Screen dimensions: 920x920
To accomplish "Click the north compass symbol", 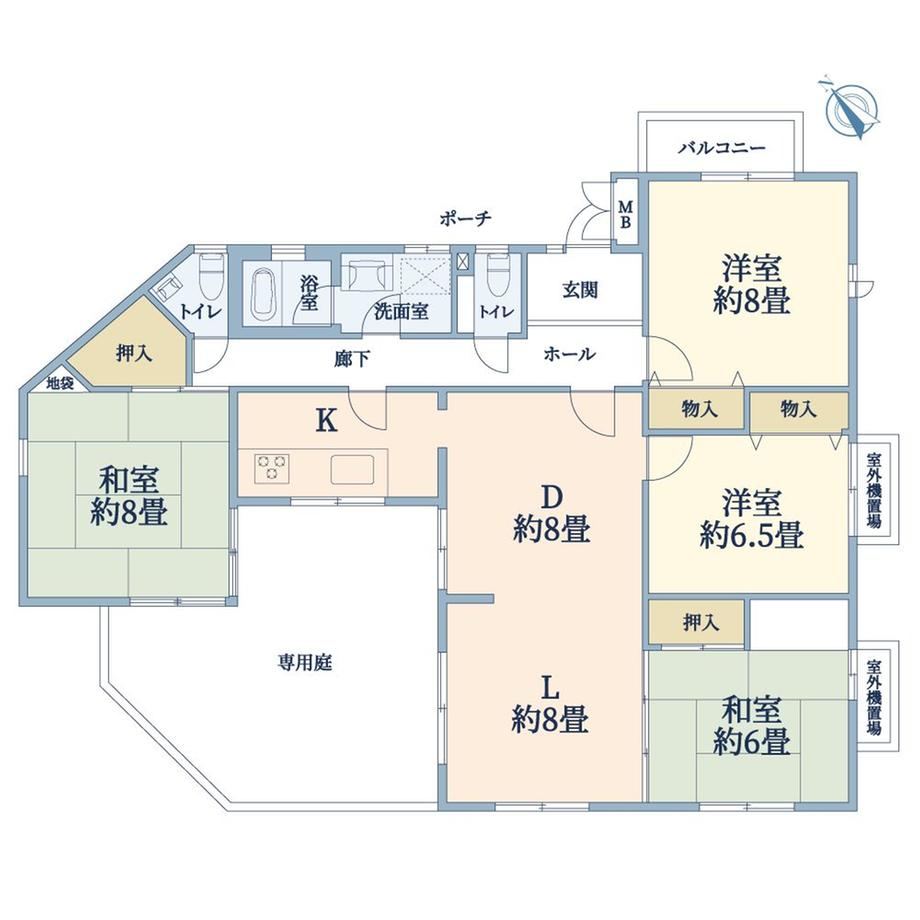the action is click(x=851, y=109).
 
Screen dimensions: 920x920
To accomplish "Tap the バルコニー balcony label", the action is click(x=722, y=147).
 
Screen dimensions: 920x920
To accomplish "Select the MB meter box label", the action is click(x=626, y=214).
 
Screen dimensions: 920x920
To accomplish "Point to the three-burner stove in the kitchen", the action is click(x=272, y=468).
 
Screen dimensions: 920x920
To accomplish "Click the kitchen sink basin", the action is click(x=353, y=469).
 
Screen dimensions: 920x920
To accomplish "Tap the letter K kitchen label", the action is click(x=326, y=420).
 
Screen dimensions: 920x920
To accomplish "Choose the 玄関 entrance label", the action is click(x=580, y=290).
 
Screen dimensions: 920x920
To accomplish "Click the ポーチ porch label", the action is click(x=465, y=219).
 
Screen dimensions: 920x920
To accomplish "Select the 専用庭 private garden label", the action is click(x=305, y=663).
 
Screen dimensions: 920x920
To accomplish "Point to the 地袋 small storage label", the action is click(x=60, y=383).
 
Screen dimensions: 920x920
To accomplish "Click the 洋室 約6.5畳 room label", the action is click(x=751, y=520).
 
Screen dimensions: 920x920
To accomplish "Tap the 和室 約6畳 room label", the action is click(x=751, y=725).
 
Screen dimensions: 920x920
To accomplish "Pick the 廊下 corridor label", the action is click(x=352, y=358).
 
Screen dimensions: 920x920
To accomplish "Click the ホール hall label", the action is click(x=570, y=354).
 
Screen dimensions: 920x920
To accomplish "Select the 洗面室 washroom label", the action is click(x=401, y=311).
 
